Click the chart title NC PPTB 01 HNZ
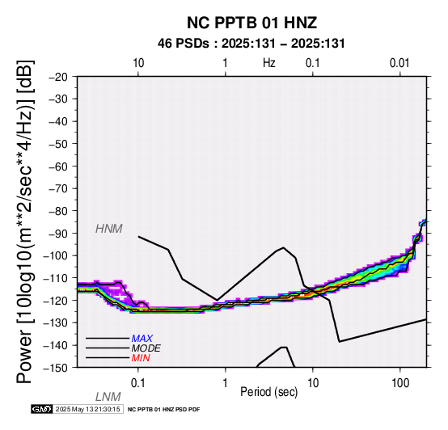[251, 23]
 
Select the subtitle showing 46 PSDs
[251, 44]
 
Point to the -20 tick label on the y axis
[58, 77]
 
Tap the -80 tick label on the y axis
[58, 211]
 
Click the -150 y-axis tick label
[56, 368]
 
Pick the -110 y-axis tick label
[56, 278]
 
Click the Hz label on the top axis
[269, 63]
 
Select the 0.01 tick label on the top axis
[399, 63]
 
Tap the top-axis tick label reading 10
[138, 63]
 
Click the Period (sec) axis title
[268, 392]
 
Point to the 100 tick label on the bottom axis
[400, 383]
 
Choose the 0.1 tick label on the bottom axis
[137, 383]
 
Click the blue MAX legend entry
[142, 339]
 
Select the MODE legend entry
[146, 348]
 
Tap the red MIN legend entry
[141, 358]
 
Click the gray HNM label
[109, 229]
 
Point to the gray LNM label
[108, 397]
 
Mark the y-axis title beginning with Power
[25, 222]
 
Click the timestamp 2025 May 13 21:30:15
[88, 409]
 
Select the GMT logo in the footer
[42, 409]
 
